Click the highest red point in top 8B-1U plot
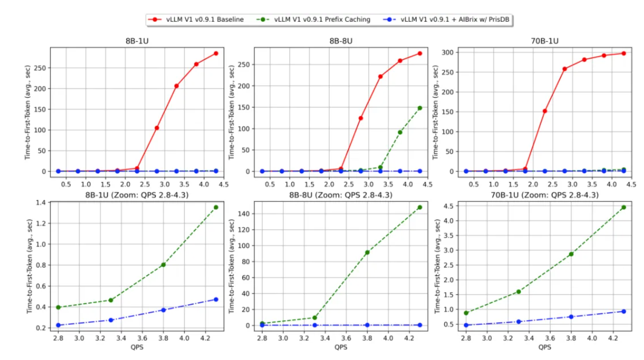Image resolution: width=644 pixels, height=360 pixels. [x=216, y=53]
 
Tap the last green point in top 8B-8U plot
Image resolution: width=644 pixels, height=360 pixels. [x=420, y=108]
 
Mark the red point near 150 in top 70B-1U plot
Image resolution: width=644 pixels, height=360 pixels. [x=545, y=111]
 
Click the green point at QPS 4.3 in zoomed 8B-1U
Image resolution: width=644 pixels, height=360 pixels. [x=216, y=207]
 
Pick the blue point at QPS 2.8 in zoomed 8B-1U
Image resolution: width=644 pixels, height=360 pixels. [x=58, y=325]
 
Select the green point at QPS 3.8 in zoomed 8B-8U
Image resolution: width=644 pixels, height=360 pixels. [x=367, y=252]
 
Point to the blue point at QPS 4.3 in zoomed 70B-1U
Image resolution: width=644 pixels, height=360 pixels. [x=623, y=311]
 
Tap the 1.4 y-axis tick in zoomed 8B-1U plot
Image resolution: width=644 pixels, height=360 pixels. [x=42, y=203]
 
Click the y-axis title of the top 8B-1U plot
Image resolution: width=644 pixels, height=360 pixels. [x=29, y=108]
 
